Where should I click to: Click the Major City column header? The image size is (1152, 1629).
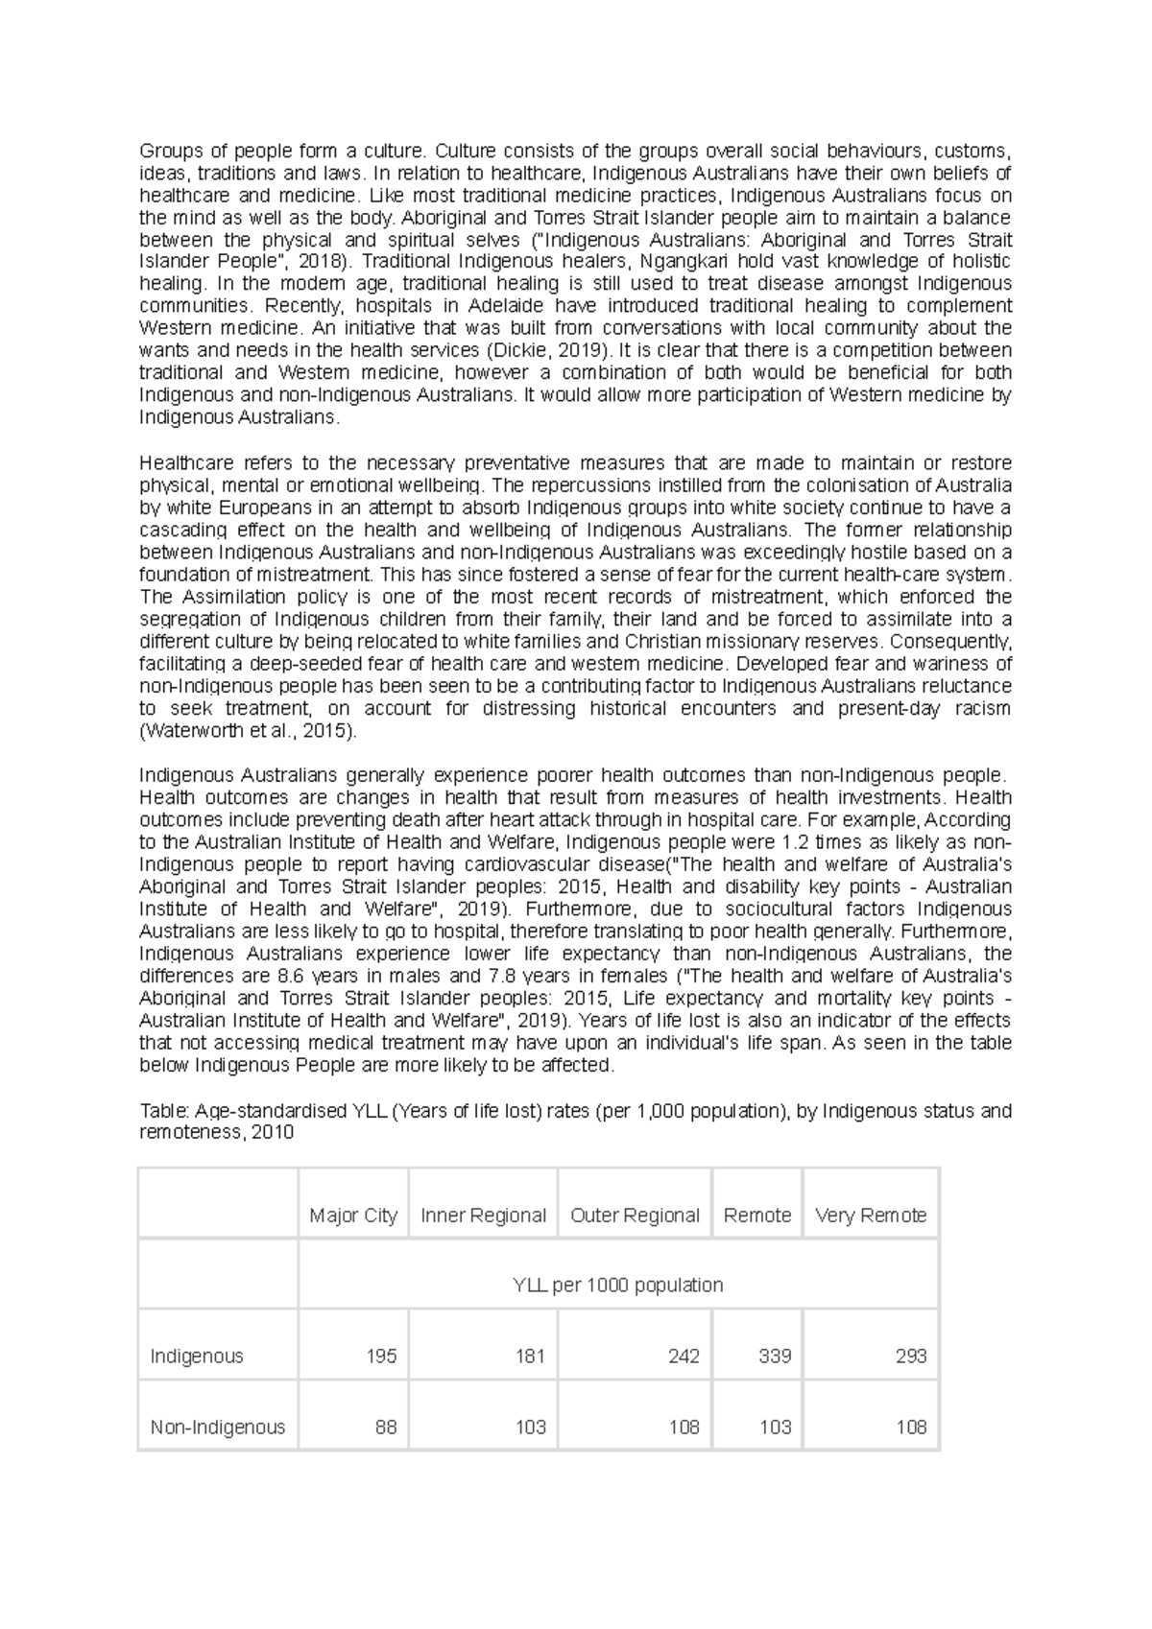[x=353, y=1216]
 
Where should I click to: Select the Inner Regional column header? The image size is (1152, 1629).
[x=483, y=1216]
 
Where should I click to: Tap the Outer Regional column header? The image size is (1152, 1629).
[x=635, y=1216]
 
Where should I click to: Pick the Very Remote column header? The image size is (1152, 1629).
[x=871, y=1216]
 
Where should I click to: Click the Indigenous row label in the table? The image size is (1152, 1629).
[x=197, y=1356]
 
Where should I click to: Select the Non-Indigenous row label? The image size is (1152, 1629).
[x=218, y=1427]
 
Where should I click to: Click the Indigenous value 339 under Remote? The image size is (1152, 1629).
[x=775, y=1356]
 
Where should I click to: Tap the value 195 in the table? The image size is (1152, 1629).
[x=381, y=1356]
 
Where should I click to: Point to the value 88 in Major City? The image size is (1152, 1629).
[x=386, y=1427]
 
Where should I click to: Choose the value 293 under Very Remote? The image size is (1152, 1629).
[x=911, y=1356]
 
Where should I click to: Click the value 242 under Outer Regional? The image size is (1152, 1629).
[x=684, y=1356]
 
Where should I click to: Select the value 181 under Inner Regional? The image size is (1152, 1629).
[x=530, y=1356]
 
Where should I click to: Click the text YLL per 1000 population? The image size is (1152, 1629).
[x=618, y=1285]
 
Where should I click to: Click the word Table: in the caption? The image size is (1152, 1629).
[x=164, y=1111]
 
